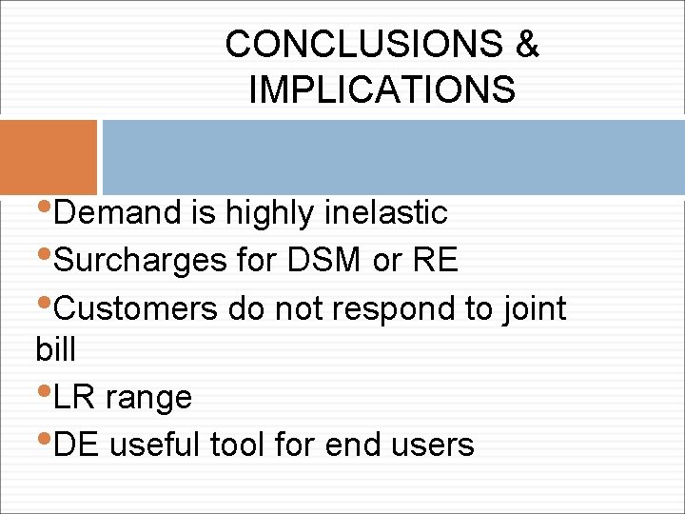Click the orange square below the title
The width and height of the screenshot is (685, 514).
coord(49,157)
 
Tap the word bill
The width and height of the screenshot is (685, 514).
coord(55,349)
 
